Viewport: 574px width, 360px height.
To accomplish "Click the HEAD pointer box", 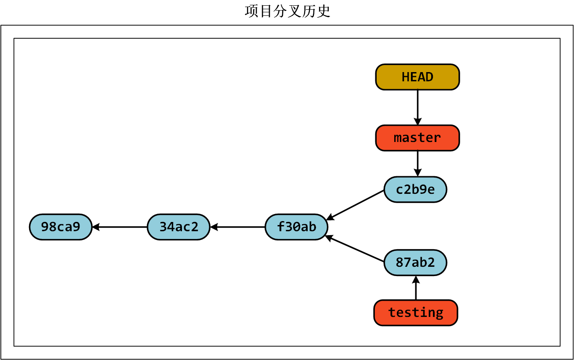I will coord(417,77).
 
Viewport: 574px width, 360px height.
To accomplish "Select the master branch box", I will coord(417,138).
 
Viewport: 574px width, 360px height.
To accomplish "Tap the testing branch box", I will coord(415,313).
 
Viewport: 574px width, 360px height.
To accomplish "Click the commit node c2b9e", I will coord(415,189).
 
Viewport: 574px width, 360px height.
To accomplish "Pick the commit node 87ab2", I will coord(415,262).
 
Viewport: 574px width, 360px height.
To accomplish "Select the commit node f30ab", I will coord(296,227).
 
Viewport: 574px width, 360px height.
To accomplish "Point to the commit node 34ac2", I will coord(178,227).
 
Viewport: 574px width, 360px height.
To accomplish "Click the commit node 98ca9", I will coord(61,227).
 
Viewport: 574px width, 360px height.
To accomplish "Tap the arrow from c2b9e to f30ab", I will coord(355,205).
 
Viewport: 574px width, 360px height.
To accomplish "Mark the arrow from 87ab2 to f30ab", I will coord(355,249).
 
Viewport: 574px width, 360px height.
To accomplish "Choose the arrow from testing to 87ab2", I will coord(416,288).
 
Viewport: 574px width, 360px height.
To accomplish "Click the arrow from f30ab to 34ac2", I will coord(238,227).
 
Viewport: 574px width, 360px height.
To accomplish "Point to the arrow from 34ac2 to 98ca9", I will coord(120,227).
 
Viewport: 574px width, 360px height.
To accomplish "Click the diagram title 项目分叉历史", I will coord(287,11).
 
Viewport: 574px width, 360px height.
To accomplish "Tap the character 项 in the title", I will coord(252,11).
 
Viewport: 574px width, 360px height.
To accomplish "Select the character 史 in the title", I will coord(323,11).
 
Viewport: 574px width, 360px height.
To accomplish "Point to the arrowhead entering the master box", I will coord(418,122).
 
